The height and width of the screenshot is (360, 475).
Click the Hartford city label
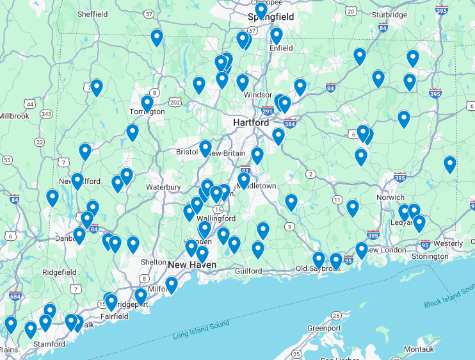click(x=251, y=122)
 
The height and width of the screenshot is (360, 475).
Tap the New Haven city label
click(x=192, y=265)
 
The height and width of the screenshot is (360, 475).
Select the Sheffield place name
click(x=92, y=13)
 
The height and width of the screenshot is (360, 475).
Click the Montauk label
click(x=419, y=349)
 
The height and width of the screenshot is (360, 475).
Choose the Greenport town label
click(x=323, y=328)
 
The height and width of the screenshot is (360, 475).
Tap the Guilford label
click(x=248, y=271)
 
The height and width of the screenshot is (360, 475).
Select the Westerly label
click(x=447, y=244)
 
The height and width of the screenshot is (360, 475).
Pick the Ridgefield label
click(x=59, y=272)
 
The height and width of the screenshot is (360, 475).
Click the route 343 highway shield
click(x=45, y=114)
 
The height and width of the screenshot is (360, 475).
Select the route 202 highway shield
click(x=175, y=102)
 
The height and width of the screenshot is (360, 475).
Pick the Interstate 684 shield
click(x=14, y=297)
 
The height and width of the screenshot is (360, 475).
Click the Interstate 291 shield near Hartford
click(x=268, y=110)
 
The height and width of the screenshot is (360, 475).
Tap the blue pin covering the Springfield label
click(x=261, y=11)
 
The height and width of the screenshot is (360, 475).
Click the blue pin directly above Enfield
click(x=276, y=35)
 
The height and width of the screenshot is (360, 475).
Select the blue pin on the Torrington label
click(x=147, y=103)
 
